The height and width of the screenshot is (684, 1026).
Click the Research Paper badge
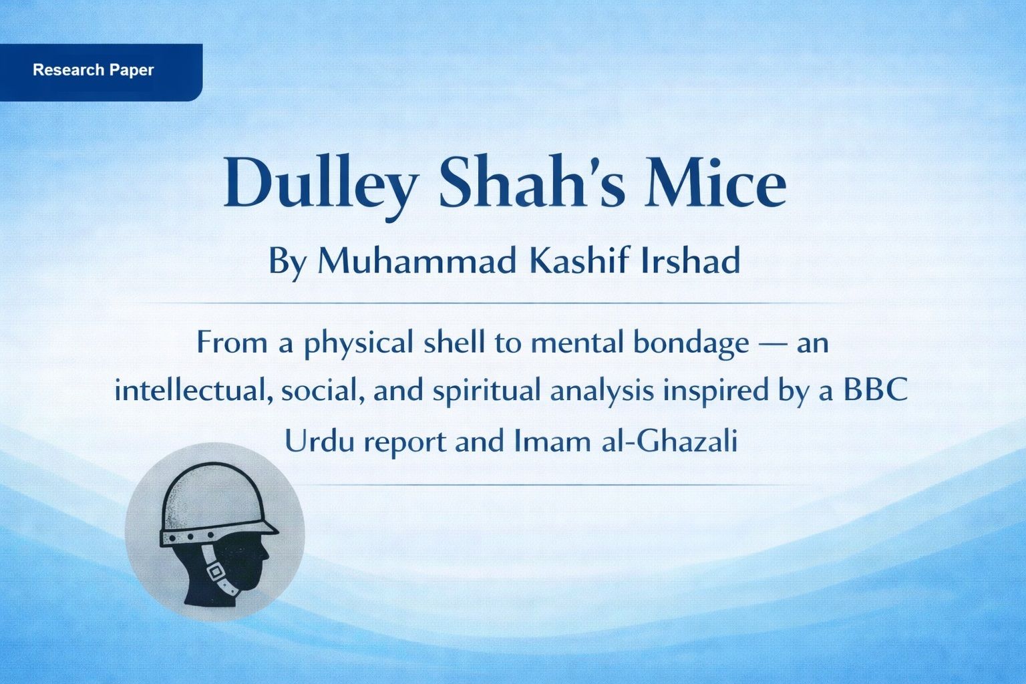94,70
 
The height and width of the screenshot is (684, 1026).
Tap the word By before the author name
287,261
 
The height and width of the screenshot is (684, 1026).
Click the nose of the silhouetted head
267,554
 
